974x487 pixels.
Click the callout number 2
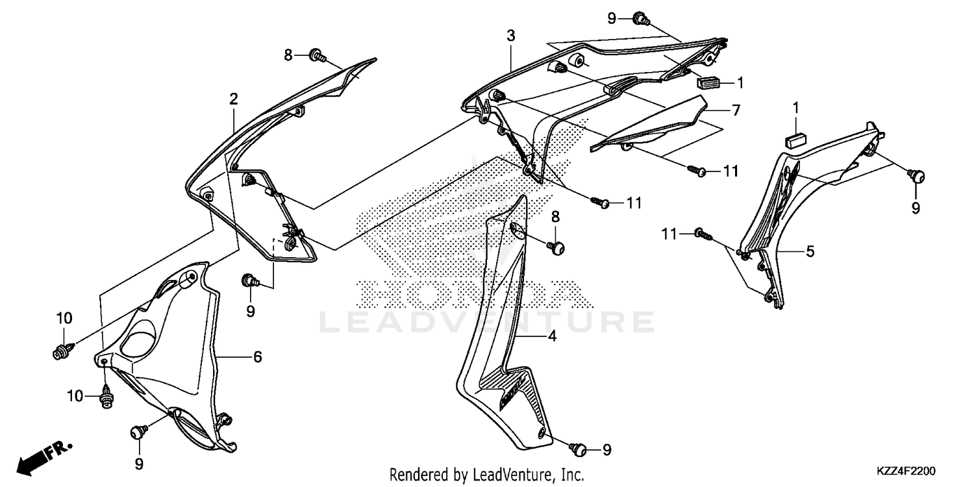coord(233,99)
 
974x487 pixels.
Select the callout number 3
coord(511,36)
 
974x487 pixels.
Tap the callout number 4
coord(551,336)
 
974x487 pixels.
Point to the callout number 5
coord(810,251)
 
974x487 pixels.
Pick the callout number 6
coord(257,356)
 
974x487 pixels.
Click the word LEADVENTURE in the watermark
coord(486,321)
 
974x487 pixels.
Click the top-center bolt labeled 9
coord(639,18)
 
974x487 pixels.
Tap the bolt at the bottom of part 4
coord(576,448)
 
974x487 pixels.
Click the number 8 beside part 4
coord(555,216)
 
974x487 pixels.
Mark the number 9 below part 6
coord(139,464)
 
